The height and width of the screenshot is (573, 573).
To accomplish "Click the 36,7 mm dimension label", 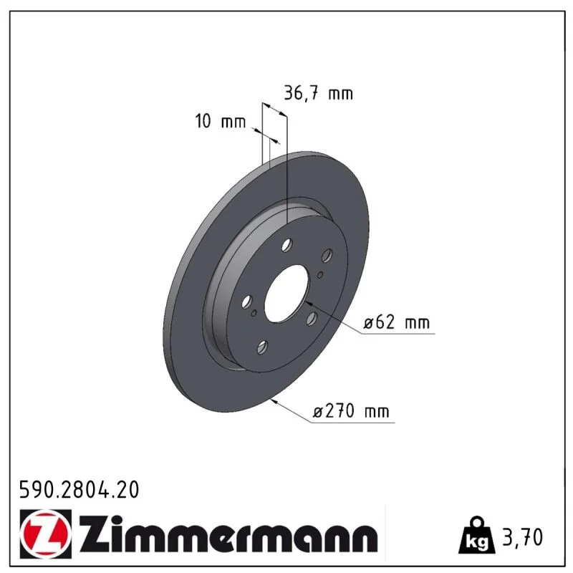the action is pyautogui.click(x=318, y=93).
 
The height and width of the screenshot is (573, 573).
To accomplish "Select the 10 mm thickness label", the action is pyautogui.click(x=221, y=121).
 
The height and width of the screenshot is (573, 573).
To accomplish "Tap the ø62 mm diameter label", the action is pyautogui.click(x=397, y=322).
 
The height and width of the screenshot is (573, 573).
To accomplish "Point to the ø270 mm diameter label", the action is pyautogui.click(x=351, y=411).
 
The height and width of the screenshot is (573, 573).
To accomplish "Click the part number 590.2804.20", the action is pyautogui.click(x=79, y=490).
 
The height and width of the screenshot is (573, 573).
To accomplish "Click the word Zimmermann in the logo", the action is pyautogui.click(x=228, y=534).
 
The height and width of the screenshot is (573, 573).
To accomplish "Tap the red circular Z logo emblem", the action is pyautogui.click(x=44, y=534).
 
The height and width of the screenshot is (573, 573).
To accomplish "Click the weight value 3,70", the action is pyautogui.click(x=523, y=537).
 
